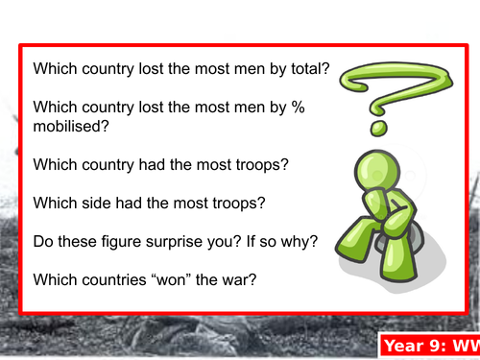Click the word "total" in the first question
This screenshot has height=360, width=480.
(x=299, y=70)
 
